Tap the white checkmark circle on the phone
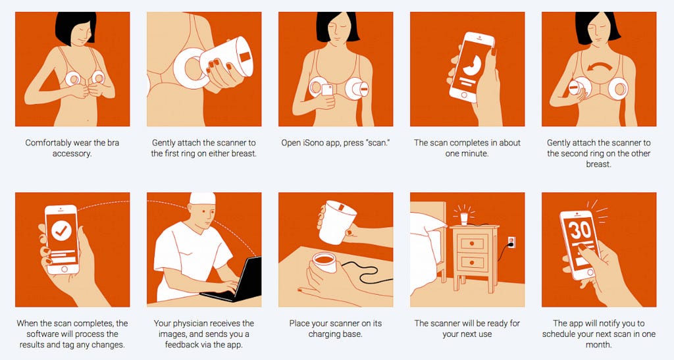61,231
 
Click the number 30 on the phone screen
580,231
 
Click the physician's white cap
203,198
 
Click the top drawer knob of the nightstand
471,243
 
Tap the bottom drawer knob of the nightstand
471,262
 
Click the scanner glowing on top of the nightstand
464,219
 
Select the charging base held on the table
324,263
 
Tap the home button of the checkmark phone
64,269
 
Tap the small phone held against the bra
327,90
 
